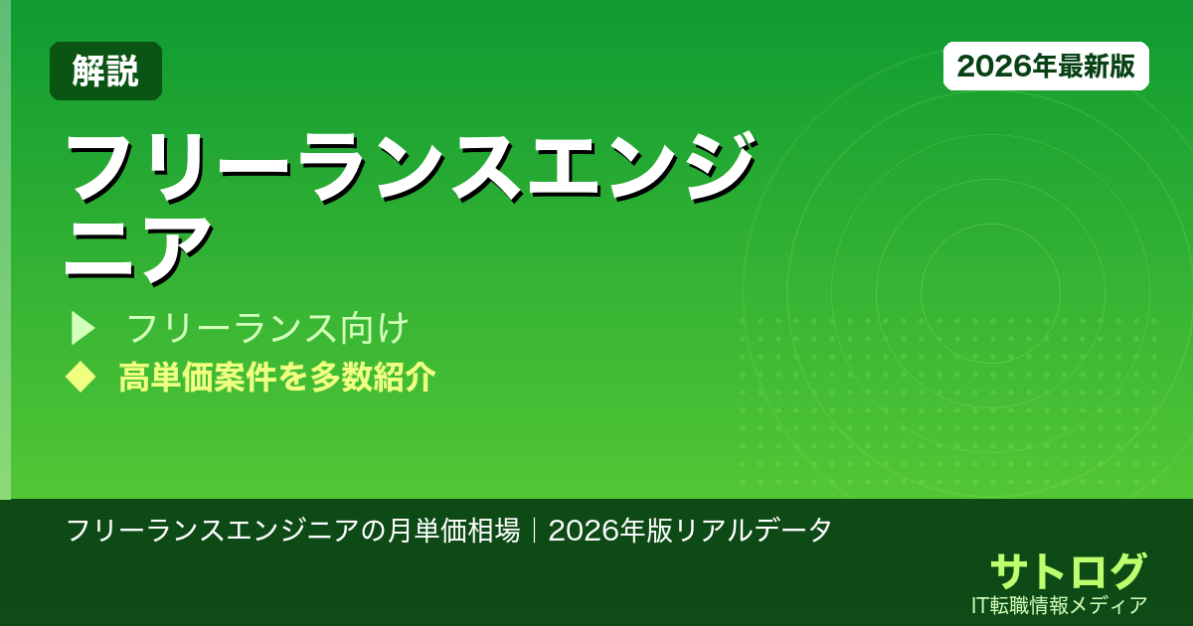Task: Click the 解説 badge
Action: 105,71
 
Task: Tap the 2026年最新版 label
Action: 1046,66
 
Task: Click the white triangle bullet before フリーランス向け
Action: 82,329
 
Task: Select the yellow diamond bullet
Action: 79,377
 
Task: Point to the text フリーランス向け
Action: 268,329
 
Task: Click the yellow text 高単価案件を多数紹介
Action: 276,378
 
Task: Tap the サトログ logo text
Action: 1068,570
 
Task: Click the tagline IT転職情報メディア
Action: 1060,604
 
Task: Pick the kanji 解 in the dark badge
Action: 88,71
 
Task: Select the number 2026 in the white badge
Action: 986,66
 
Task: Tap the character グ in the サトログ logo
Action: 1125,570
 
